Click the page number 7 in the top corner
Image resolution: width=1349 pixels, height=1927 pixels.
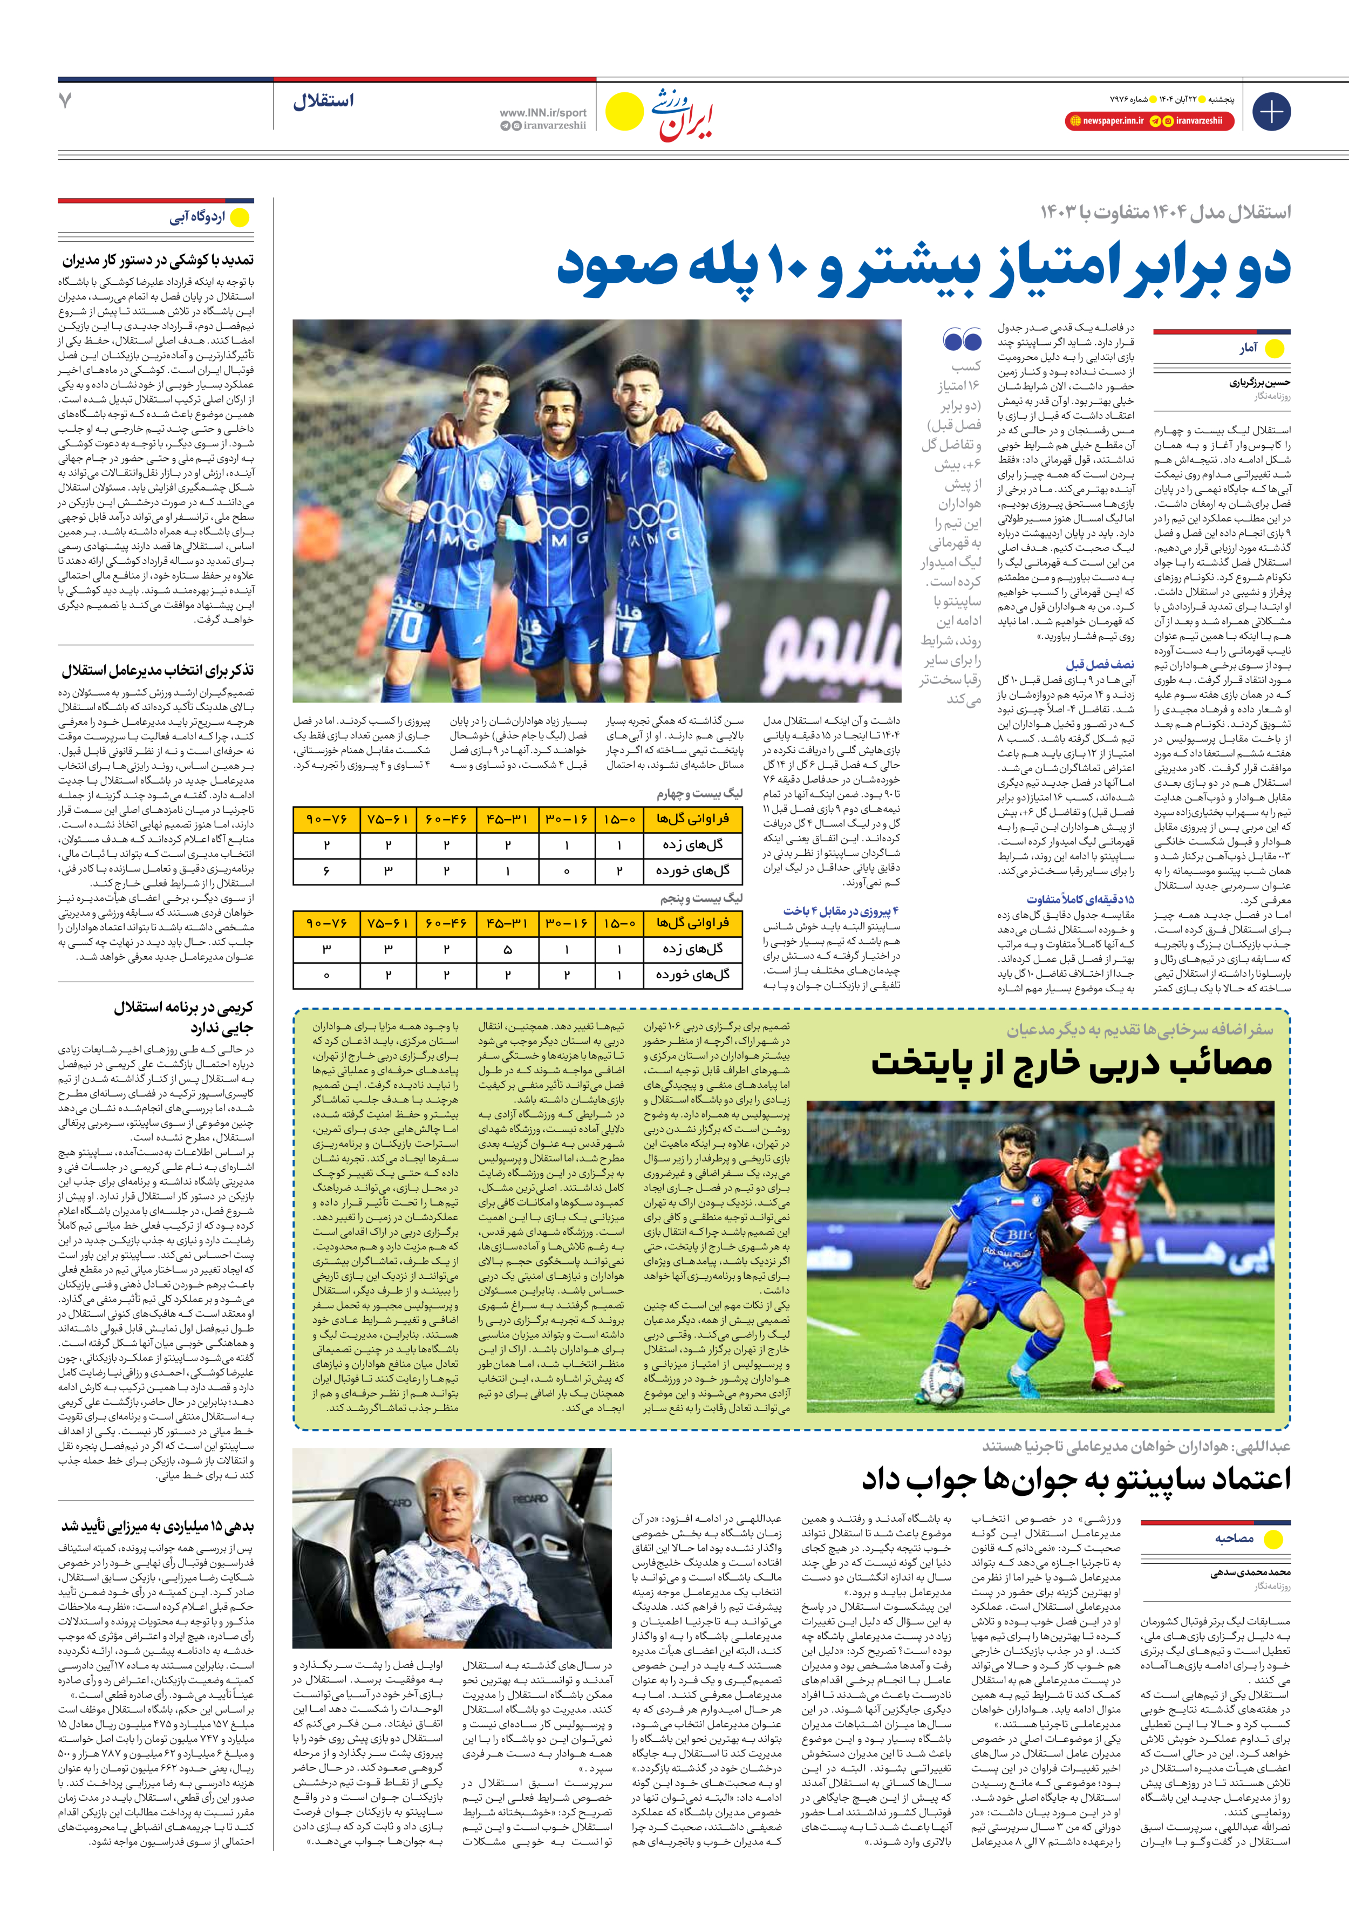point(65,101)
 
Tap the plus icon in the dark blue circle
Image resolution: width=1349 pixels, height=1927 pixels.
point(1271,112)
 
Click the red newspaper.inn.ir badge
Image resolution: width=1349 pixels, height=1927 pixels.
point(1106,121)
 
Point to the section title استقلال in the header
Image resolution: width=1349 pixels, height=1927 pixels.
point(323,101)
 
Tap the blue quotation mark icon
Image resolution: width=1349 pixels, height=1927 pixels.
point(962,340)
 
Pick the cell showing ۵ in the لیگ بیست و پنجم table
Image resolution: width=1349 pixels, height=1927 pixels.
point(507,949)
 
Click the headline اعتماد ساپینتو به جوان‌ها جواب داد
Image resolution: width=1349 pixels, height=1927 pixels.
point(1075,1479)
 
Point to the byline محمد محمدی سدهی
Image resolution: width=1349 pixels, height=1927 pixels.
point(1250,1572)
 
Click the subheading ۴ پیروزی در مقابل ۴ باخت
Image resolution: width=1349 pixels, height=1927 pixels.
point(841,911)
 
